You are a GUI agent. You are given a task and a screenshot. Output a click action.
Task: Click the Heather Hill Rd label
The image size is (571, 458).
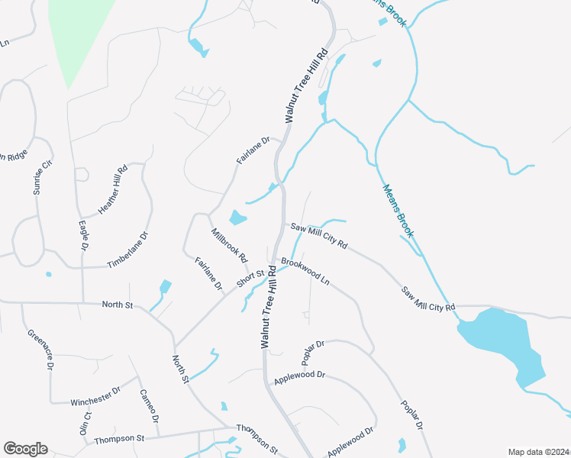(112, 190)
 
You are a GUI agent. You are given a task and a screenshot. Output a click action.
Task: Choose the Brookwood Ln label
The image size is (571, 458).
(305, 271)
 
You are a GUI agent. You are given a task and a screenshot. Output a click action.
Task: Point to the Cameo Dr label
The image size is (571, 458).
(149, 406)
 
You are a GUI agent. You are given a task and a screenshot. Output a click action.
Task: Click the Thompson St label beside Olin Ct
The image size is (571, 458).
(119, 439)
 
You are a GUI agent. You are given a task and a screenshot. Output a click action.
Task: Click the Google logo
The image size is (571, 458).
(25, 449)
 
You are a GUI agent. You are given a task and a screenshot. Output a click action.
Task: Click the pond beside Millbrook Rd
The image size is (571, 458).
(237, 218)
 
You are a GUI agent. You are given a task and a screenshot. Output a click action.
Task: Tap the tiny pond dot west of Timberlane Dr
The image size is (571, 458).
(49, 274)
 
